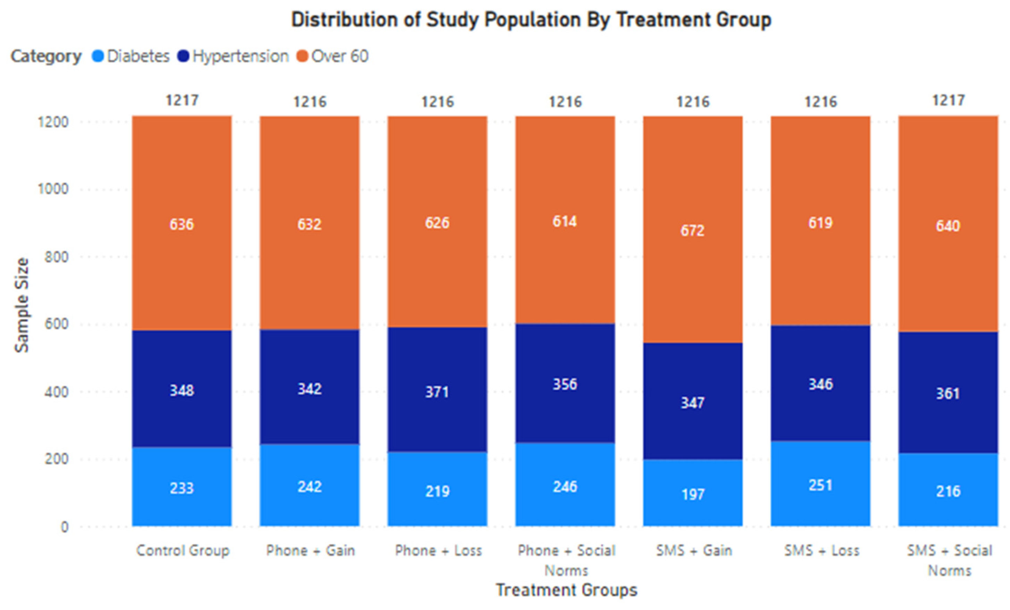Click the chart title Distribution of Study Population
click(531, 20)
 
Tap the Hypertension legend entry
click(233, 56)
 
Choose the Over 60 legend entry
click(333, 56)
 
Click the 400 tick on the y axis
click(56, 392)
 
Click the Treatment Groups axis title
click(567, 590)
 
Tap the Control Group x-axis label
click(183, 550)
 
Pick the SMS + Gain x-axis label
click(694, 550)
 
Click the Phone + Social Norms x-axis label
click(567, 560)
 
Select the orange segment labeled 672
click(693, 231)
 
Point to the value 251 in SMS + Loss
click(821, 486)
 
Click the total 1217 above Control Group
click(183, 100)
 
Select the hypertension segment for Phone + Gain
click(309, 388)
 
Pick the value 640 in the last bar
click(948, 226)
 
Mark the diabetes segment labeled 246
click(565, 487)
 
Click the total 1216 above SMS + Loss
click(821, 102)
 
